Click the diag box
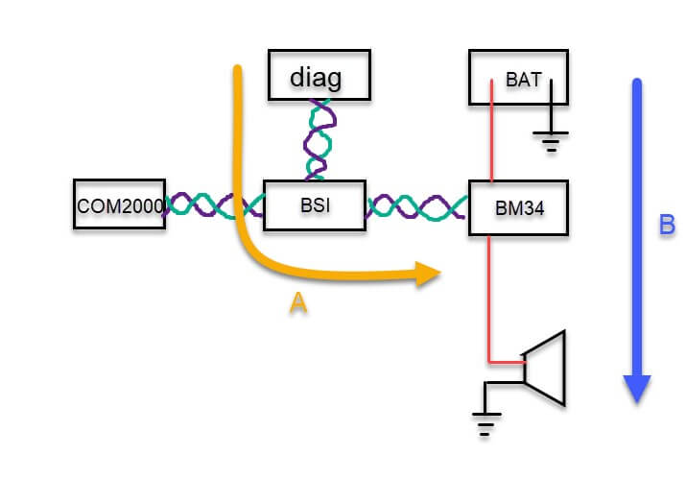316,74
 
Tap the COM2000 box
119,204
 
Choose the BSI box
314,204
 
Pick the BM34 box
517,207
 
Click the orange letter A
298,304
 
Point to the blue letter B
667,227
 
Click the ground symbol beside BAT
551,140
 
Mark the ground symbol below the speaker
486,421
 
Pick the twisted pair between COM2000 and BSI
213,205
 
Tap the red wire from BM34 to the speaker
490,298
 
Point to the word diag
316,76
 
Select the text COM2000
119,205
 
